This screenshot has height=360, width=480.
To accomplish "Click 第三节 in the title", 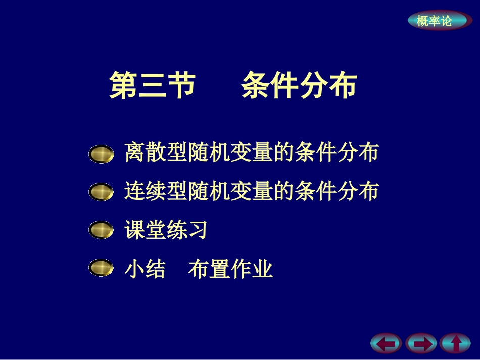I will click(x=152, y=85).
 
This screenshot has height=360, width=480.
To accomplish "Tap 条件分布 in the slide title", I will click(x=299, y=85).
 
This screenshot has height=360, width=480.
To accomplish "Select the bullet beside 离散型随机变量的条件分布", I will click(x=101, y=154).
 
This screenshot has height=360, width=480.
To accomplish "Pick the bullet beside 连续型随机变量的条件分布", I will click(x=101, y=192).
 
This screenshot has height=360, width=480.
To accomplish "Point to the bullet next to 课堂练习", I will click(x=101, y=230).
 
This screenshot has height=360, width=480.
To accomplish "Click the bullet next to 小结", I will click(x=101, y=268).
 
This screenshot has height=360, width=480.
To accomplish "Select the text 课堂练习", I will click(x=166, y=230).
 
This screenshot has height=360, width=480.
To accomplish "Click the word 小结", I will click(x=145, y=269).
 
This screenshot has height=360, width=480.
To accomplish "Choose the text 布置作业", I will click(x=230, y=269).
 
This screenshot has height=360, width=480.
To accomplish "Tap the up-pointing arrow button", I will click(x=455, y=344).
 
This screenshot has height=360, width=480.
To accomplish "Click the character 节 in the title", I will click(x=181, y=85).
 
